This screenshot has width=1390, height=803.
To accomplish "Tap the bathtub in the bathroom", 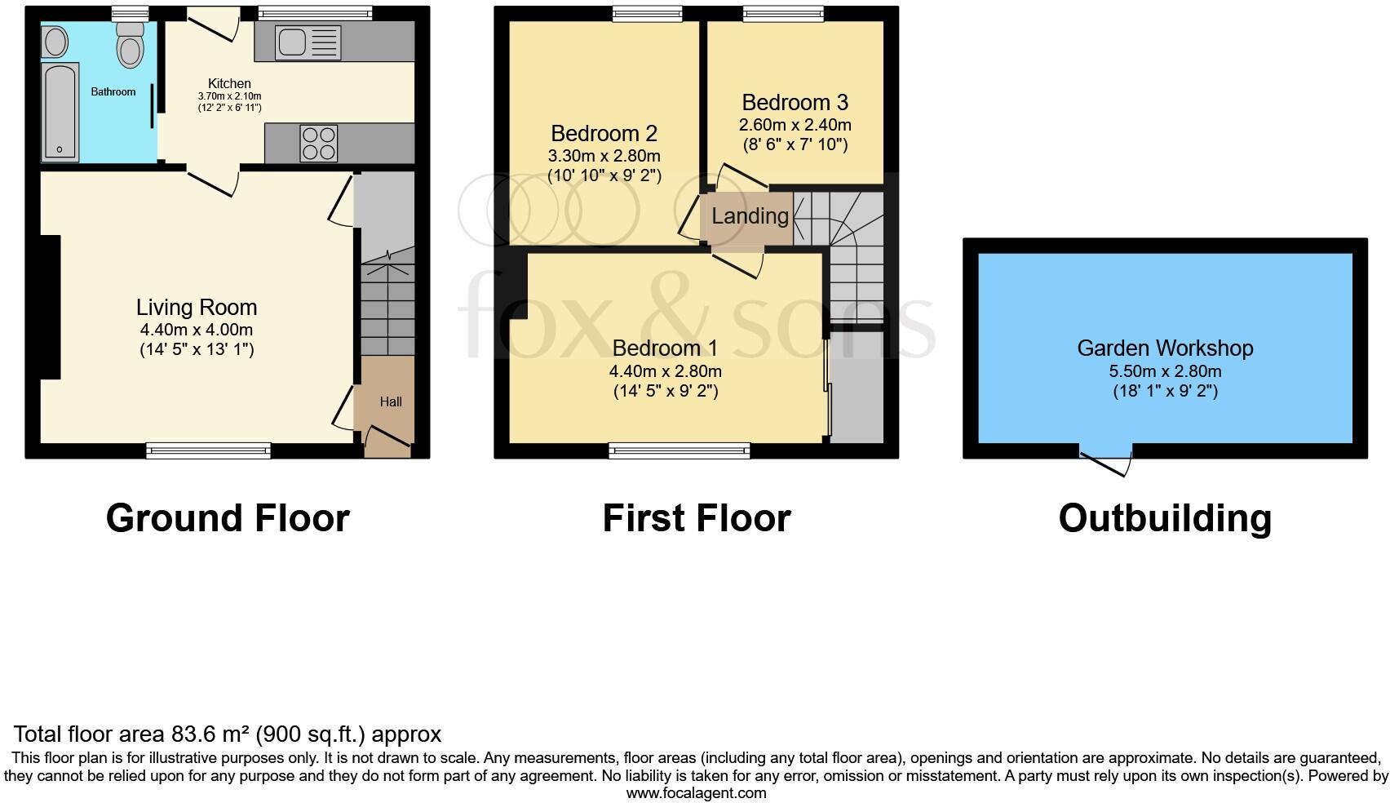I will click(x=60, y=112).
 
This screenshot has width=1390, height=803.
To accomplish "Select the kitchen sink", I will click(x=308, y=42).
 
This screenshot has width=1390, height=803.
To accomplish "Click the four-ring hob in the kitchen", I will click(x=319, y=144).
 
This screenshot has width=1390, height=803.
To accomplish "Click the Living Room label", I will click(x=197, y=308).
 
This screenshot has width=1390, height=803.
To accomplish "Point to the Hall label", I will click(x=391, y=401).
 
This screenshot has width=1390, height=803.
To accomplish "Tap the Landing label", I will click(x=750, y=216).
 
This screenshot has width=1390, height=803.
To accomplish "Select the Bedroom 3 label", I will click(x=795, y=103).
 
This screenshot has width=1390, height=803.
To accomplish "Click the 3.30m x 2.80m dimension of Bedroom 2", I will click(x=604, y=156).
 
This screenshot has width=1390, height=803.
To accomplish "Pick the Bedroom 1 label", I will click(x=665, y=348).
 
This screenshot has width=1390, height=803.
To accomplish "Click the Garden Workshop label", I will click(x=1165, y=348).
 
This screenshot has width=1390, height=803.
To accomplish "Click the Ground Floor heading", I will click(x=228, y=518).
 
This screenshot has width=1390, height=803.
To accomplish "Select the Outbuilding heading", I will click(x=1165, y=518).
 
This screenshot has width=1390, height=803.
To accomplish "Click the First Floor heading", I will click(x=696, y=518).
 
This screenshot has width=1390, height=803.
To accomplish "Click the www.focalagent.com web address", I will click(x=696, y=793).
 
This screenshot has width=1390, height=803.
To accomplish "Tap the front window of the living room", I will click(x=208, y=450).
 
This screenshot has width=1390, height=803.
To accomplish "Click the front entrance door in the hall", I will click(x=387, y=441).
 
